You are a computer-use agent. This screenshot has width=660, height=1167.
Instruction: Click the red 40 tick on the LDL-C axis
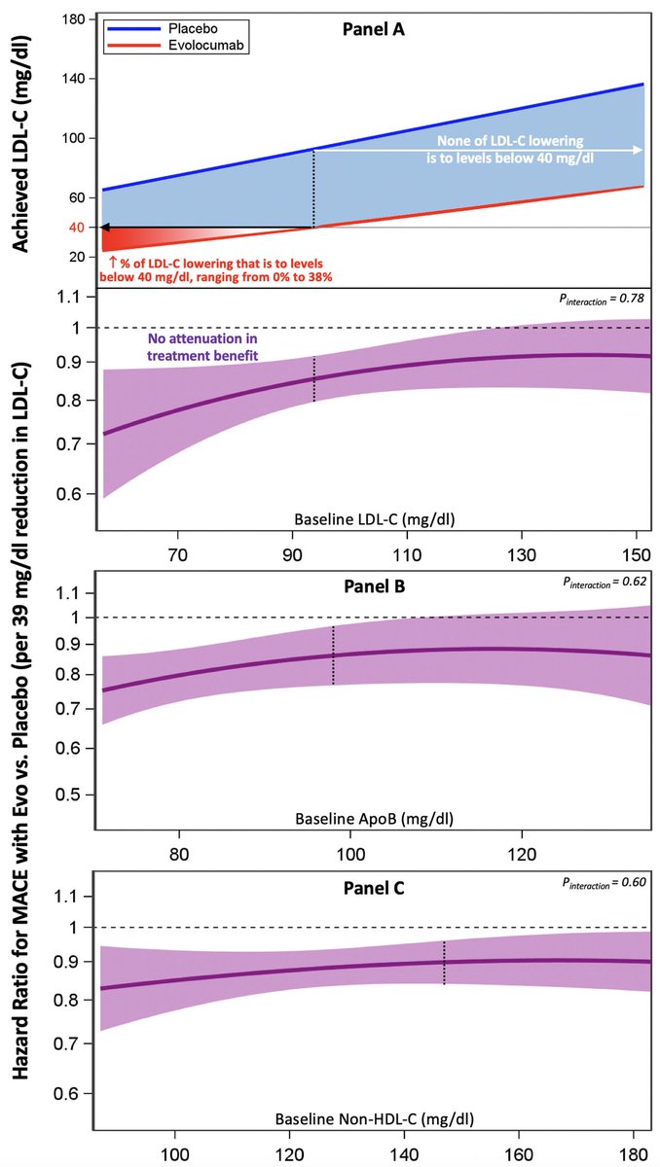(x=75, y=228)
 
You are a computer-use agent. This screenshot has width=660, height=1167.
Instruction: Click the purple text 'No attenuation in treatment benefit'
(x=203, y=348)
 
